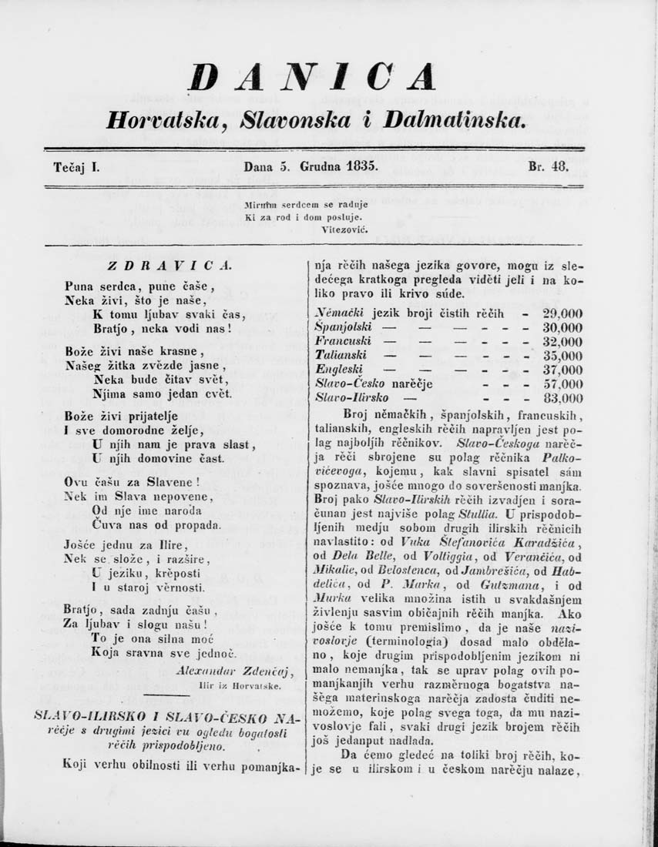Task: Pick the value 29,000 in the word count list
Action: point(562,313)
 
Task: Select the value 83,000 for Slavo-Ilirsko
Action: point(562,399)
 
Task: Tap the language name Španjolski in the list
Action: point(342,327)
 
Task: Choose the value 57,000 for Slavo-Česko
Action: point(562,384)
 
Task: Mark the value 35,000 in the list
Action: point(562,356)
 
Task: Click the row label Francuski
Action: point(344,341)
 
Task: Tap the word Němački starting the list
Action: point(341,313)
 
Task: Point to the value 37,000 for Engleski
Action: point(562,370)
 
